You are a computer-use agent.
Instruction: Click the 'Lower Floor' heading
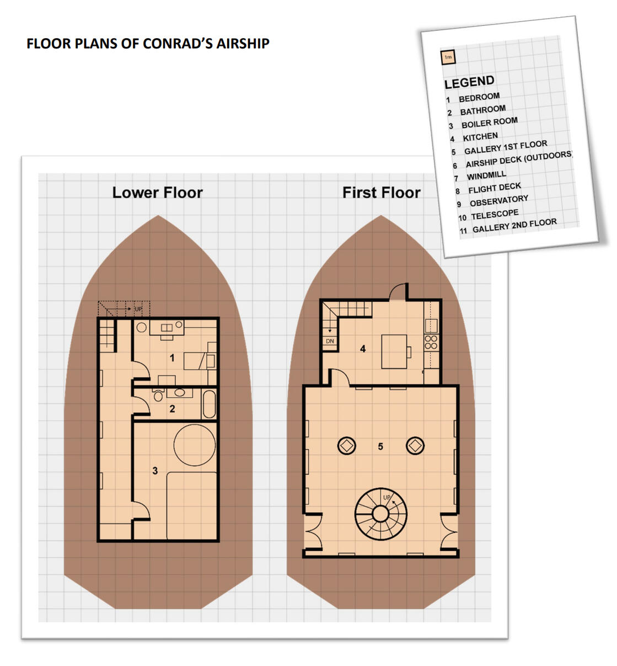pos(157,193)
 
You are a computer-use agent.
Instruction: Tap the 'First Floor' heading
pos(381,193)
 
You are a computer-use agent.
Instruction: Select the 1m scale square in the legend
pos(448,57)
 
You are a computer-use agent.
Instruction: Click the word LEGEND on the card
pos(469,82)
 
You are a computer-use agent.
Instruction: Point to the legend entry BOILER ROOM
pos(489,122)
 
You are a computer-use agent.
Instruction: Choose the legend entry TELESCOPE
pos(495,215)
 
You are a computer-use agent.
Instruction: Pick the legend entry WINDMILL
pos(486,175)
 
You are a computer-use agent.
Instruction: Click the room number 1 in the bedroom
pos(172,358)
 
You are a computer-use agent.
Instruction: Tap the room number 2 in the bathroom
pos(172,408)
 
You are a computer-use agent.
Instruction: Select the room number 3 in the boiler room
pos(155,471)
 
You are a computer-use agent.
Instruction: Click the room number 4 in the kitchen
pos(363,349)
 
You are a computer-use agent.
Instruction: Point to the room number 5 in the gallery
pos(380,446)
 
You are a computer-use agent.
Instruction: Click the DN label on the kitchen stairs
pos(330,341)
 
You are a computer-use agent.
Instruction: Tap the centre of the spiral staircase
pos(380,514)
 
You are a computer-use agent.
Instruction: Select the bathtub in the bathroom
pos(209,404)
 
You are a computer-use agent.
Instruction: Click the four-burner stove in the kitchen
pos(431,342)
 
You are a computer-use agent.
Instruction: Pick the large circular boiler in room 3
pos(195,445)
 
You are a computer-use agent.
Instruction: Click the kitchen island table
pos(394,351)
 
